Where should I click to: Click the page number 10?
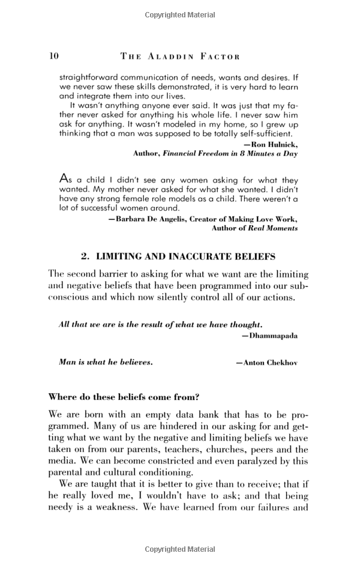pyautogui.click(x=53, y=56)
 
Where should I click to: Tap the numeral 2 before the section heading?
pyautogui.click(x=84, y=256)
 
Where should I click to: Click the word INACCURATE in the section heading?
pyautogui.click(x=194, y=256)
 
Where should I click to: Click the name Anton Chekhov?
pyautogui.click(x=270, y=363)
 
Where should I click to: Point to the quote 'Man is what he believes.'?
pyautogui.click(x=106, y=363)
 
